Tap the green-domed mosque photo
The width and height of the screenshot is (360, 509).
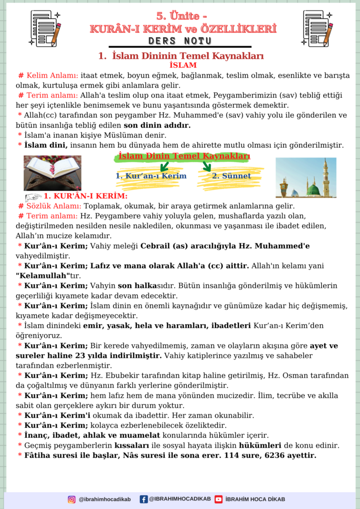click(305, 177)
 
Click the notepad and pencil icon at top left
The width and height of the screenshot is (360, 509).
click(45, 28)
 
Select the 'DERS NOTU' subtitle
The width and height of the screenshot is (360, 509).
click(180, 40)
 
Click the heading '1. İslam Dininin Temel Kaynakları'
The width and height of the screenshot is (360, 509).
click(180, 56)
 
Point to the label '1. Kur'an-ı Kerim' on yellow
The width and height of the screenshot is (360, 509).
click(151, 176)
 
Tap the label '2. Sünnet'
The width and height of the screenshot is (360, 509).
click(231, 176)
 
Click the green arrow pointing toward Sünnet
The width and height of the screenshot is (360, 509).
click(206, 166)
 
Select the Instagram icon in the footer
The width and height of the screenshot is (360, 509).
click(72, 499)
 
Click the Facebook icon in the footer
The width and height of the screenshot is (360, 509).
click(144, 499)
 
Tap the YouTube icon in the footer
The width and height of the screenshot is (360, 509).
click(218, 499)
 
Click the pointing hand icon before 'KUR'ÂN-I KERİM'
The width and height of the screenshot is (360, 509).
click(33, 196)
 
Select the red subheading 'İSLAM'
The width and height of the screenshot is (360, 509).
click(182, 65)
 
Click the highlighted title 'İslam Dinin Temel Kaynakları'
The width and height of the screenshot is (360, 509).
click(184, 157)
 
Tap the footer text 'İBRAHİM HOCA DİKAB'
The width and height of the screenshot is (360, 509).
click(255, 499)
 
